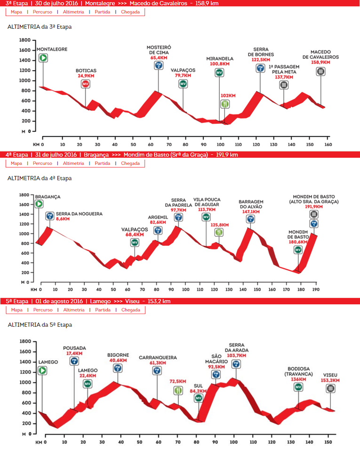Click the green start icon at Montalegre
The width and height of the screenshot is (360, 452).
43,58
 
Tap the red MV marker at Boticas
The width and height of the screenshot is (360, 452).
85,84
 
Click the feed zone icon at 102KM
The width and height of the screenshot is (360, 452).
225,104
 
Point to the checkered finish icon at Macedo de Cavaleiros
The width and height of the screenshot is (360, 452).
320,71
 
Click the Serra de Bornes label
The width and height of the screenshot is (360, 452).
260,52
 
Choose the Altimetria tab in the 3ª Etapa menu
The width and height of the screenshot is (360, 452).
73,12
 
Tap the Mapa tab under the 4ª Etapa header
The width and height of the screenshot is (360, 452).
16,163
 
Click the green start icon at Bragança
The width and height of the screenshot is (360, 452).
39,204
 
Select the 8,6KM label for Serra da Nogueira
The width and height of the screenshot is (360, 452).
63,218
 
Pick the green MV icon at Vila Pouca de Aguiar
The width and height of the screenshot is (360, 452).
206,217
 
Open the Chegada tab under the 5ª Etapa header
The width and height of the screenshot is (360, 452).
130,310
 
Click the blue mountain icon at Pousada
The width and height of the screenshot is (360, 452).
74,361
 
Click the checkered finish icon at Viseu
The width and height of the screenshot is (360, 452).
330,388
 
